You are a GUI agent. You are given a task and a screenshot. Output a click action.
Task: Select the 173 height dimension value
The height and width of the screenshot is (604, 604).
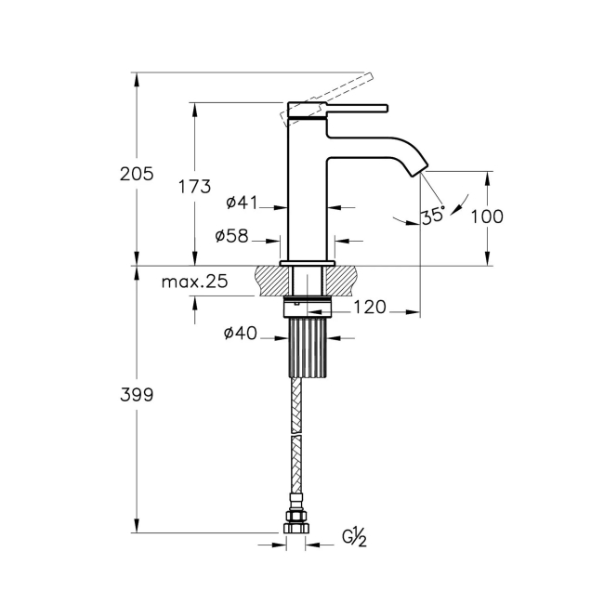click(x=194, y=186)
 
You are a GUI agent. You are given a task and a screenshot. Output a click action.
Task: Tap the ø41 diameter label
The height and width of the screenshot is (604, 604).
click(x=242, y=203)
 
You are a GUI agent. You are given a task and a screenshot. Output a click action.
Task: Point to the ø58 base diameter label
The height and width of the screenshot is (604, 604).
click(x=231, y=236)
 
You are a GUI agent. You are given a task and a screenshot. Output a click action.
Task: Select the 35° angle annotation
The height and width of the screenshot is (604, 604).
click(x=432, y=216)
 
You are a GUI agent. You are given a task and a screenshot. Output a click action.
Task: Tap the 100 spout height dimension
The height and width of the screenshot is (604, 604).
click(x=487, y=217)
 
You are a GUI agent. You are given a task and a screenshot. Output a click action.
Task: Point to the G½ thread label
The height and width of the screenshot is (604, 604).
click(x=354, y=536)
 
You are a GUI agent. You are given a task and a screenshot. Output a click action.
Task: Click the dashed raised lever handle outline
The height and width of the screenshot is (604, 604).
click(x=335, y=93)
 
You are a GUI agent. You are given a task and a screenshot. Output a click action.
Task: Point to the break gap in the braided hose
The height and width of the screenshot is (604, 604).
click(x=296, y=433)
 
